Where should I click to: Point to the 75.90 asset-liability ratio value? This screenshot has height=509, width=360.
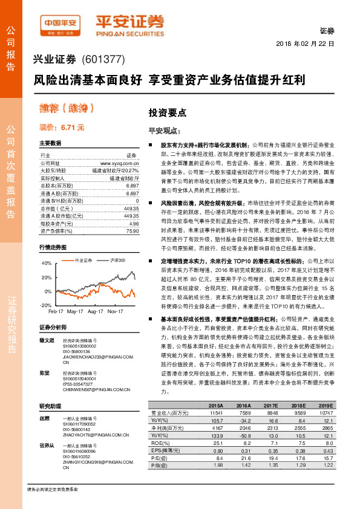click(x=133, y=230)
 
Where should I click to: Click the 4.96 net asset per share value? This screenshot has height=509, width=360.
click(x=134, y=223)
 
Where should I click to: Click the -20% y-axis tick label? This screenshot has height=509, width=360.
click(x=47, y=306)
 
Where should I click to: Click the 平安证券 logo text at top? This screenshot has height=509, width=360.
click(x=129, y=21)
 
